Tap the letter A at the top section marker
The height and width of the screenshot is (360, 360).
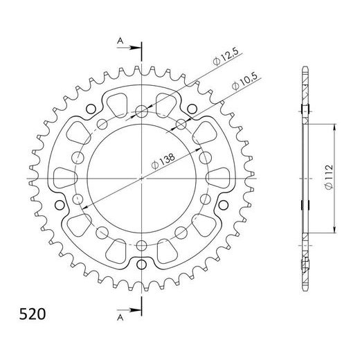click(120, 41)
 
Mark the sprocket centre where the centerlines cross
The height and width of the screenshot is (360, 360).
click(142, 178)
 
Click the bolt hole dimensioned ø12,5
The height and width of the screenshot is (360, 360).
click(142, 110)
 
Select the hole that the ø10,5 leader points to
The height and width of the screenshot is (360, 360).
click(181, 123)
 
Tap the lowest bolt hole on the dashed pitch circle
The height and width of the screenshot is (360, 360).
click(142, 245)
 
